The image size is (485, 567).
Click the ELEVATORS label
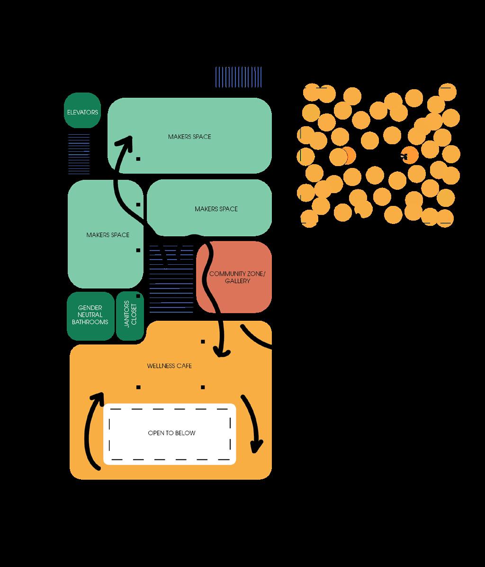(x=82, y=112)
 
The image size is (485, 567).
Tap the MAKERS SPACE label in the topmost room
(x=189, y=137)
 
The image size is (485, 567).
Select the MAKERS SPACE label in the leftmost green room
(x=108, y=235)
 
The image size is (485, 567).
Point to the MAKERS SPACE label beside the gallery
(x=216, y=209)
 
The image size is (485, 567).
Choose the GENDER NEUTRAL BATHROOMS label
(x=90, y=315)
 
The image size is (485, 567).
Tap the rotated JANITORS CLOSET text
(x=130, y=313)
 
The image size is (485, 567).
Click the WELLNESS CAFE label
(x=169, y=366)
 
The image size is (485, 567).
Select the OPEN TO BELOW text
(x=171, y=433)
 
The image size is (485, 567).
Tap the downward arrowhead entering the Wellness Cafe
(x=221, y=352)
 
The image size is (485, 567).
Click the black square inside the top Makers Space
(x=138, y=159)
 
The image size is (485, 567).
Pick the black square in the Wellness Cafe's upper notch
(x=203, y=341)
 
